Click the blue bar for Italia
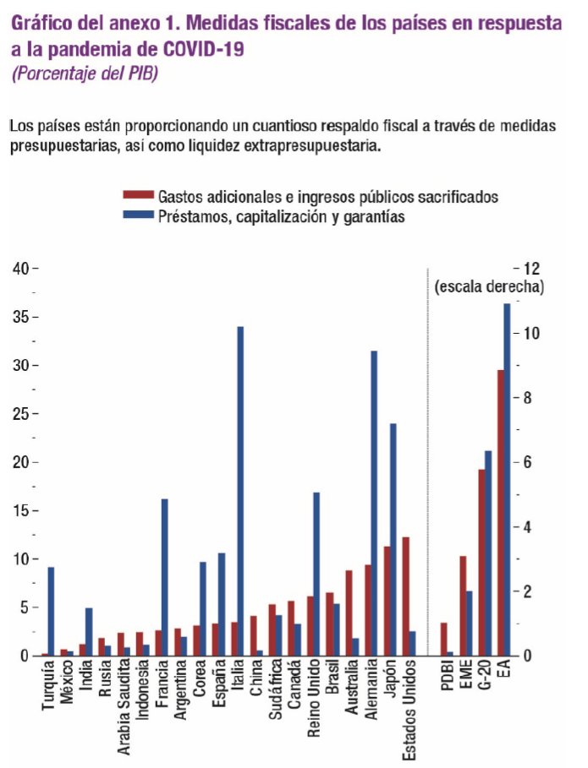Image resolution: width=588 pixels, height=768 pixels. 240,490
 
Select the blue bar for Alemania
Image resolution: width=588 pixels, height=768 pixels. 373,503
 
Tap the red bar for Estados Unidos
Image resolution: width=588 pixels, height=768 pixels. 405,596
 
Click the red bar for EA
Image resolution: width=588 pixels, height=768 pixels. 500,512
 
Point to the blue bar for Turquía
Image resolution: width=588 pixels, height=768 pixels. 52,611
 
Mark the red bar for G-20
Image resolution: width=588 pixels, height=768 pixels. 481,562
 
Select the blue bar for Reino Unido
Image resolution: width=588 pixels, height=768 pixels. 316,574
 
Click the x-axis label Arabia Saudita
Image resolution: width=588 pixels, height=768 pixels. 124,705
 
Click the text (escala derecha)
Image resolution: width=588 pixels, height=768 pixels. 489,286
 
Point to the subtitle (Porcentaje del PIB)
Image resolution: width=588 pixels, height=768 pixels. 85,73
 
